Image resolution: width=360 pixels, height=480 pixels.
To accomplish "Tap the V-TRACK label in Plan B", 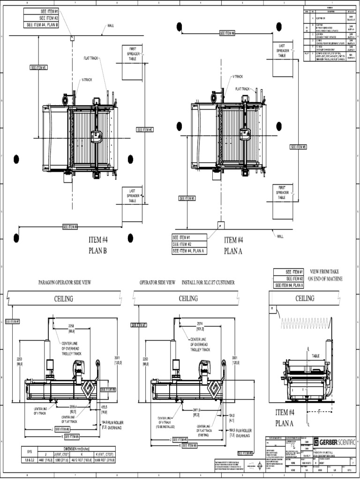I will pyautogui.click(x=87, y=80).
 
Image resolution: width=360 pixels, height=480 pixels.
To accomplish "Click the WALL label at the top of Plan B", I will pyautogui.click(x=111, y=26).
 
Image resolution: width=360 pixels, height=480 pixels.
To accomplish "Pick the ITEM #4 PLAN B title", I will pyautogui.click(x=98, y=245).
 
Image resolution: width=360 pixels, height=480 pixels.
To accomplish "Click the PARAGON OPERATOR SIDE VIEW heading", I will pyautogui.click(x=64, y=283).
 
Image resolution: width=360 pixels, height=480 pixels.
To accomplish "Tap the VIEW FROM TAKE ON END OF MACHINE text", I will pyautogui.click(x=325, y=275).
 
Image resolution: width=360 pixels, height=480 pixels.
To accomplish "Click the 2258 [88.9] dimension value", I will pyautogui.click(x=72, y=328).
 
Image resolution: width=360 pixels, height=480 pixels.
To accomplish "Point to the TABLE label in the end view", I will pyautogui.click(x=315, y=356).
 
